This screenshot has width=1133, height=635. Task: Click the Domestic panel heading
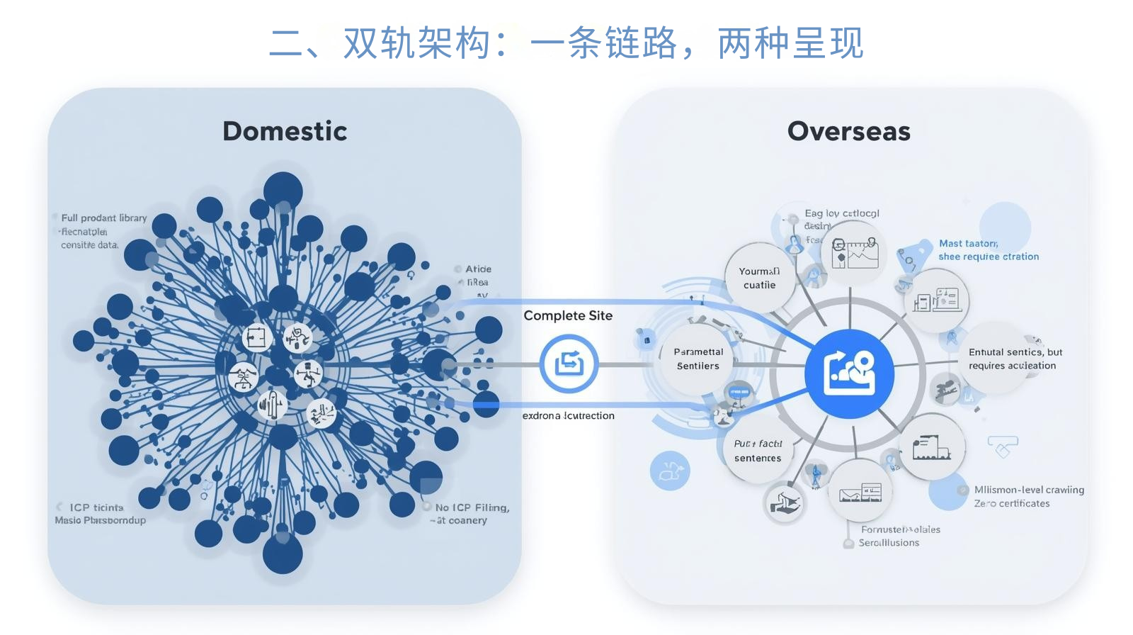point(285,131)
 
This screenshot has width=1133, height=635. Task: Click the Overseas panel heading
point(848,131)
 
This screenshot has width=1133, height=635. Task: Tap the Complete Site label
point(568,315)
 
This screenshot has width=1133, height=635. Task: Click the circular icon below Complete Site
point(569,364)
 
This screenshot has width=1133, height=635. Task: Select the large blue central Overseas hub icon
point(849,373)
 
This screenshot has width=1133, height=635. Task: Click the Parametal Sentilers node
point(698,359)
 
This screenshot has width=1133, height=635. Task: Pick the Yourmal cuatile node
point(759,278)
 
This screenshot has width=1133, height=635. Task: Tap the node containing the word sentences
point(758,451)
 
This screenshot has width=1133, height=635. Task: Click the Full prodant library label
point(104,218)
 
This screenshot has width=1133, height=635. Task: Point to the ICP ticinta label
point(96,507)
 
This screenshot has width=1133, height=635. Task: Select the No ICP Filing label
point(472,507)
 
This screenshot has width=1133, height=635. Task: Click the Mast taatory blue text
point(968,243)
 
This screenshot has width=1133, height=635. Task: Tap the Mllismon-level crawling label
point(1029,490)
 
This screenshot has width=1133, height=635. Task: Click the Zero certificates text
point(1012,503)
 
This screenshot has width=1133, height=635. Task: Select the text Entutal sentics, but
point(1015,352)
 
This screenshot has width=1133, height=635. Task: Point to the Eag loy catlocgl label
point(842,213)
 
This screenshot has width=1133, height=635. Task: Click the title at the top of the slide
point(566,43)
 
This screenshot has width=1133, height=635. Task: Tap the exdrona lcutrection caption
point(568,415)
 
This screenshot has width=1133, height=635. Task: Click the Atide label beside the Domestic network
point(478,269)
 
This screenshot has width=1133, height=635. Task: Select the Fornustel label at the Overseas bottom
point(901,529)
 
